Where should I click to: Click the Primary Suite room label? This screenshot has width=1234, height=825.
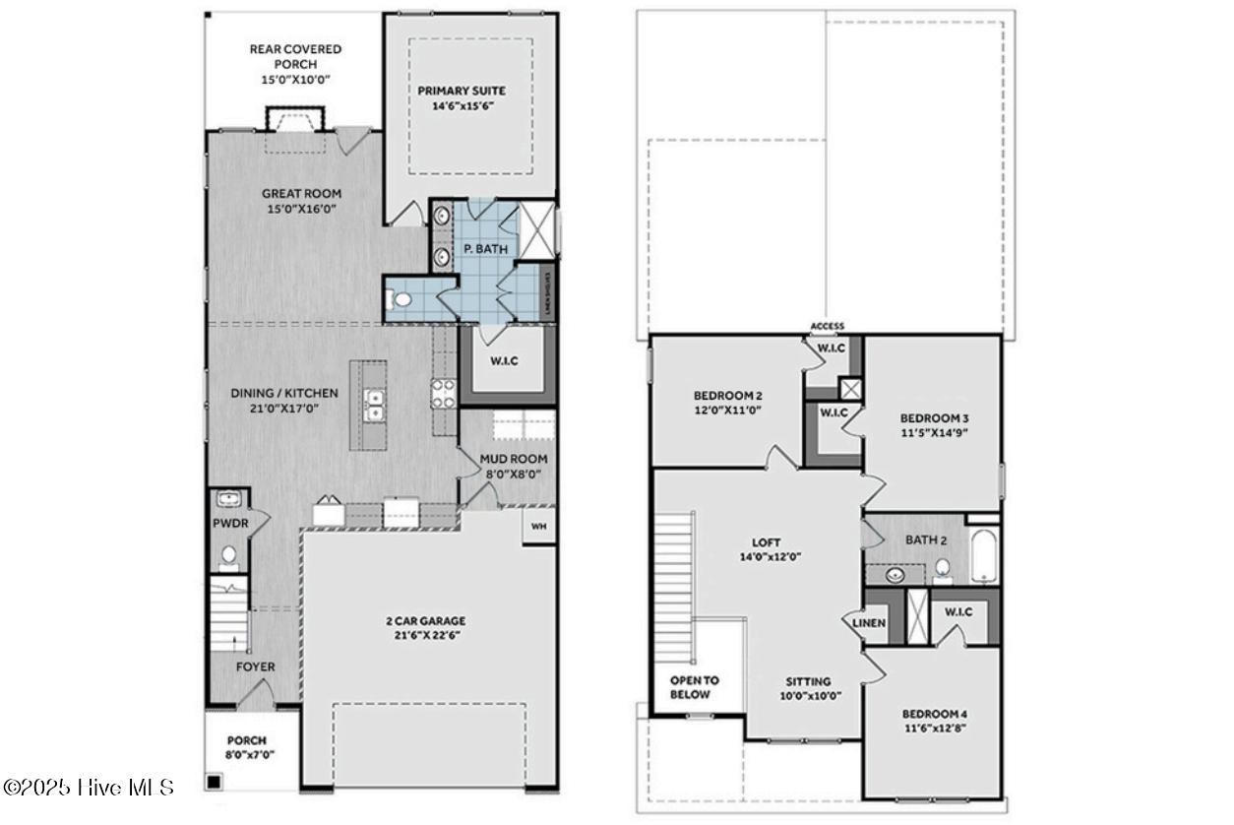tap(462, 91)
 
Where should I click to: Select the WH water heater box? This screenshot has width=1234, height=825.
tap(538, 526)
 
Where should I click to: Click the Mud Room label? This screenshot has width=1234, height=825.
tap(514, 459)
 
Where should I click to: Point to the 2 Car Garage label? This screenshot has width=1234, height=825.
tap(425, 621)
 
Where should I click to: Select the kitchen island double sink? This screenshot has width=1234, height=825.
tap(373, 405)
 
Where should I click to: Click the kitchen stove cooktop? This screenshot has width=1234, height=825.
tap(442, 394)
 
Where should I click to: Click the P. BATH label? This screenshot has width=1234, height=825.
tap(486, 249)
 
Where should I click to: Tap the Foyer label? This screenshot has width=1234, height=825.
tap(255, 666)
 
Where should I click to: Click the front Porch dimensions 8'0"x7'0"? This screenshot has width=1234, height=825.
tap(250, 755)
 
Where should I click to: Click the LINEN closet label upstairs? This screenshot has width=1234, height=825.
tap(869, 623)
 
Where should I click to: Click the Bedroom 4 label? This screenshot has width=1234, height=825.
tap(934, 714)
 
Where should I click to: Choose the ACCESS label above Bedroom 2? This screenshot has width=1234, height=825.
tap(827, 327)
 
